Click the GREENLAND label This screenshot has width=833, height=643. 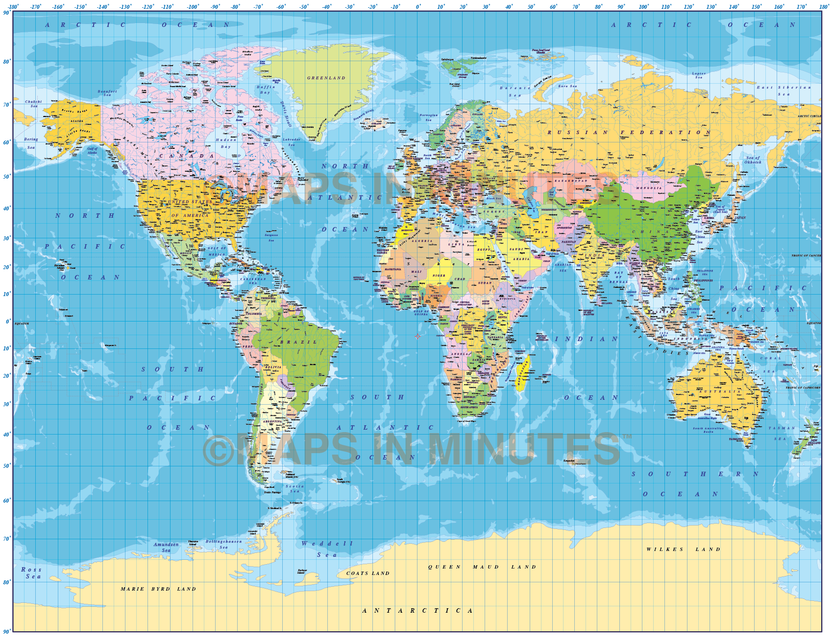[326, 78]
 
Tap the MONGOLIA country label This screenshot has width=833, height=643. [649, 188]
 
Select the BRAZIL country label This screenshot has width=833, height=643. [298, 342]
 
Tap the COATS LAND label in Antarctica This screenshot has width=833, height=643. [367, 573]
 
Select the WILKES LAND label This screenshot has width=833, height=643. [683, 549]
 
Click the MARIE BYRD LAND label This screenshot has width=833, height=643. [158, 589]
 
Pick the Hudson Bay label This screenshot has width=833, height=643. [225, 143]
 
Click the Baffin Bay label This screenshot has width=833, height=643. [266, 90]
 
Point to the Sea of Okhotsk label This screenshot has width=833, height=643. [753, 160]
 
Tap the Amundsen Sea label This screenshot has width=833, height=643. [166, 547]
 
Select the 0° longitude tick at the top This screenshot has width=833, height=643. [418, 7]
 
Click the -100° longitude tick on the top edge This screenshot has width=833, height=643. [193, 7]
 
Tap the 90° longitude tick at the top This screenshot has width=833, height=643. [621, 7]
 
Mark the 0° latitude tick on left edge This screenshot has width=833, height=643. [7, 321]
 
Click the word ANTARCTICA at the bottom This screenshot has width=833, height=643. [417, 610]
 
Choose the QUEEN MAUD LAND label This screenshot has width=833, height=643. [482, 567]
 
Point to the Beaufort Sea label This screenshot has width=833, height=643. [107, 93]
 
